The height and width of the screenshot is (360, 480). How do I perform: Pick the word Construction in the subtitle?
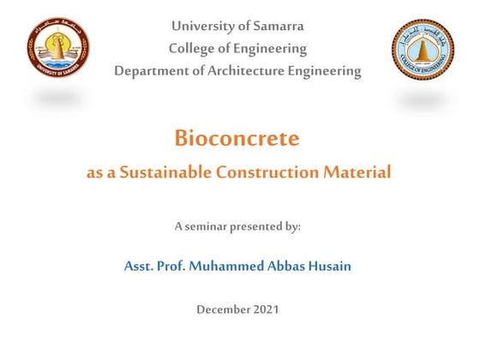267,172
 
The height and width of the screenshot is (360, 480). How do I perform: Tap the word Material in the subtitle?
357,172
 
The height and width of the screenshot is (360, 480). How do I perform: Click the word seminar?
206,227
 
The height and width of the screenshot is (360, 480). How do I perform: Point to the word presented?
260,227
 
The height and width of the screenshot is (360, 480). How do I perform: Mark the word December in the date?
224,309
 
